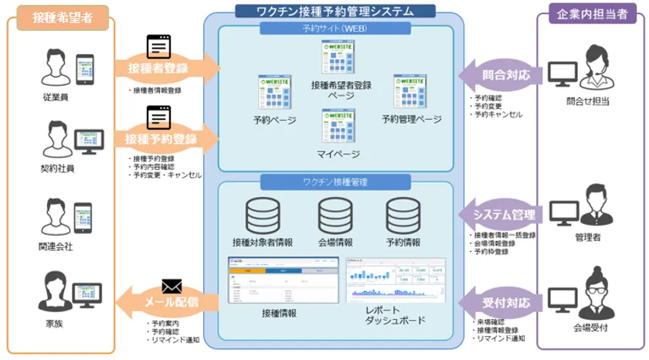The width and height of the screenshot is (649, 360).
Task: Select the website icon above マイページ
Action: coord(338,126)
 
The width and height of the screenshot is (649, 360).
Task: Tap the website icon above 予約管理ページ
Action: coord(410,92)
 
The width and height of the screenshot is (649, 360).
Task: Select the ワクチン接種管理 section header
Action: coord(335,182)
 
